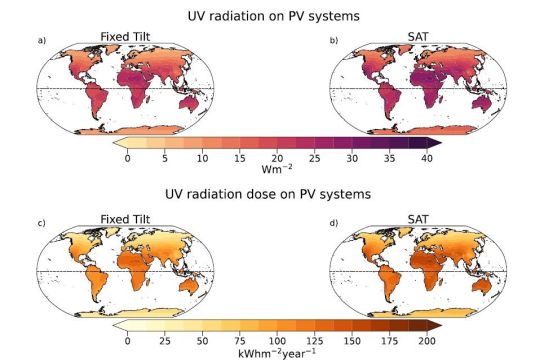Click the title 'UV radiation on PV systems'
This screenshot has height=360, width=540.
[x=270, y=16]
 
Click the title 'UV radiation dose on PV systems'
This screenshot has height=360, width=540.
[x=270, y=192]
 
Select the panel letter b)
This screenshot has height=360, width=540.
[x=333, y=40]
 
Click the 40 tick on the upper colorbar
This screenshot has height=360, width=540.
[x=427, y=159]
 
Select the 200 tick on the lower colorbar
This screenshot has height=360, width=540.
[x=427, y=339]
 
